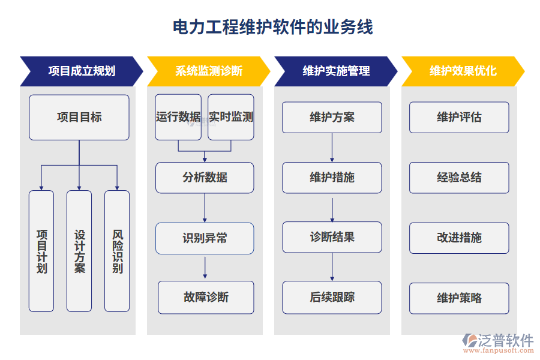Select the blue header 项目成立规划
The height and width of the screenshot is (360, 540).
point(81,71)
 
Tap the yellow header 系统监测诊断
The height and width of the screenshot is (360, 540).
point(208,71)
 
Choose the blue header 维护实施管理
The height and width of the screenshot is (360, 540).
point(335,71)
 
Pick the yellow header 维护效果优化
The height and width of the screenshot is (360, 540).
point(463,71)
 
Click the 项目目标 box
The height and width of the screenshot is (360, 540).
point(79,118)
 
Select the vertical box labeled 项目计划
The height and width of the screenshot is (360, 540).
point(41,251)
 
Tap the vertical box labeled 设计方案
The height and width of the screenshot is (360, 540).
point(79,251)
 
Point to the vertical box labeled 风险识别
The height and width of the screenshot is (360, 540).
point(117,251)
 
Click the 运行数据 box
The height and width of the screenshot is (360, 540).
point(178,117)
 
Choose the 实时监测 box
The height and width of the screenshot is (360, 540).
point(231,117)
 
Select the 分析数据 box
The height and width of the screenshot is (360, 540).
point(205,178)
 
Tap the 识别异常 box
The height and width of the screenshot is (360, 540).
point(205,238)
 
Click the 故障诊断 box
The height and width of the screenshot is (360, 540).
point(206,297)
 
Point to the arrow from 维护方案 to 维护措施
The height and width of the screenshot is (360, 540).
point(332,148)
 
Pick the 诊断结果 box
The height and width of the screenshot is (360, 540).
point(332,237)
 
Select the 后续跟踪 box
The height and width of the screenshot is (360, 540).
point(332,297)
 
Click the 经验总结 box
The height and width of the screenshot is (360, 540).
point(459,178)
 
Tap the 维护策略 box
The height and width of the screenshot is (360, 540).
point(459,298)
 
